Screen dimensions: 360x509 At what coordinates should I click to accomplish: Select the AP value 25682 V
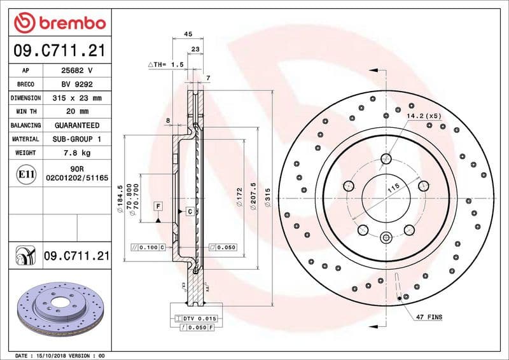click(x=77, y=70)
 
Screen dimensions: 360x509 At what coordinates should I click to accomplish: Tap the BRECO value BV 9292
click(x=77, y=84)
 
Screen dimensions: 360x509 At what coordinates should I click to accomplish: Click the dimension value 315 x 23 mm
click(x=77, y=98)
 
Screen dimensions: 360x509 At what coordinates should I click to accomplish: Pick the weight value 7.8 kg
click(x=77, y=153)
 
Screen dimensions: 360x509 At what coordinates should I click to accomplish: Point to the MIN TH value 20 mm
click(x=77, y=112)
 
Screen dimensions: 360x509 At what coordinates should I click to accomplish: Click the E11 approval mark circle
click(x=25, y=173)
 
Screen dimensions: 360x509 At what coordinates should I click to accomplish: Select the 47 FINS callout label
click(x=429, y=316)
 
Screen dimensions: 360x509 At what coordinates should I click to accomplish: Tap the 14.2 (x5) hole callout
click(x=424, y=116)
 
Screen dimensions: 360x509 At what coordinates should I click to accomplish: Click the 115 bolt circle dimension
click(x=393, y=189)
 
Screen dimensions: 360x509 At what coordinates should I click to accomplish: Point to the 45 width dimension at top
click(x=188, y=34)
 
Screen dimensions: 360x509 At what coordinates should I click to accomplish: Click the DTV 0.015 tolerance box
click(x=199, y=318)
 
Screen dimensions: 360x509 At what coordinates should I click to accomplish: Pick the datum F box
click(x=157, y=206)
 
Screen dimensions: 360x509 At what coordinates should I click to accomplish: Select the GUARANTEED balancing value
click(x=77, y=125)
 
